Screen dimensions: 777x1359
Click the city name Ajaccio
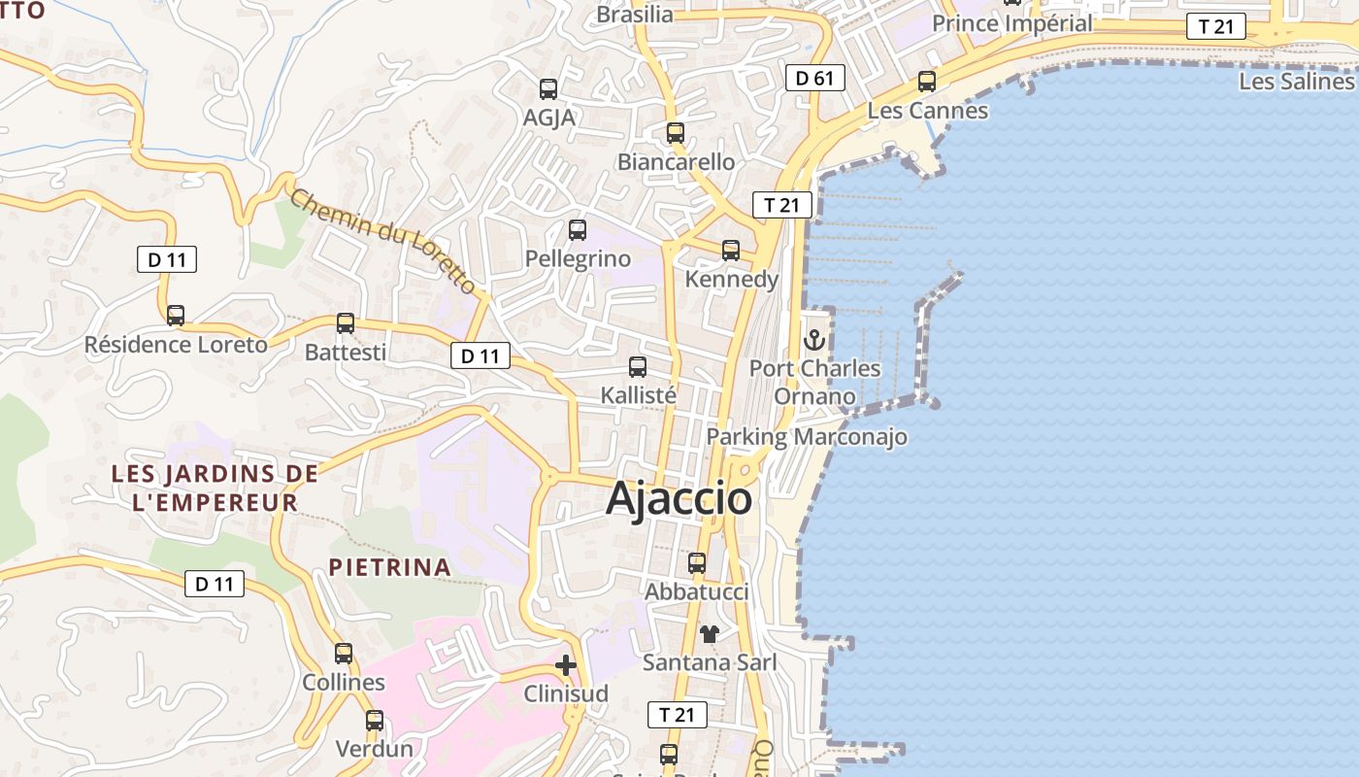point(679,499)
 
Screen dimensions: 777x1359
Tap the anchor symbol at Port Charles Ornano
point(814,340)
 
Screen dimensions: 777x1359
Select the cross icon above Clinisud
point(566,665)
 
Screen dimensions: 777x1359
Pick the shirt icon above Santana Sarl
point(710,634)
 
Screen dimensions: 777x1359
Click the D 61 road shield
point(815,78)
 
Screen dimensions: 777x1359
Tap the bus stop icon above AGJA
point(548,89)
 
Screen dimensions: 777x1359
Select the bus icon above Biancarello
point(676,133)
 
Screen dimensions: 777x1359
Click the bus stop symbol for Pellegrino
point(578,230)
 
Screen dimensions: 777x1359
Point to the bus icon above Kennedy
point(731,251)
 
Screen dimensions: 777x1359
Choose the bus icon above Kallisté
point(638,367)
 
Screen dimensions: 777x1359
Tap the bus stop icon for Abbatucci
point(697,563)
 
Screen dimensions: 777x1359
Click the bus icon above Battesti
point(346,323)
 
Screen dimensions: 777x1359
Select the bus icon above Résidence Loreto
point(176,316)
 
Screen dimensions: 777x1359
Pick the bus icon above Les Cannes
point(927,82)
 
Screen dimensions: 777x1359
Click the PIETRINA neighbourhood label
point(389,567)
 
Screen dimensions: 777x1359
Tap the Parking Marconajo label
point(807,437)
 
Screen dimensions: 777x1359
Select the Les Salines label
point(1297,81)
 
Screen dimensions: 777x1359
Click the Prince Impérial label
point(1012,22)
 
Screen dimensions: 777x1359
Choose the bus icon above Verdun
point(375,721)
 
